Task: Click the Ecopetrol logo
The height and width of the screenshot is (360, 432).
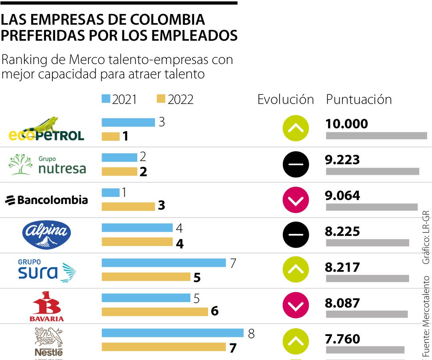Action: (x=46, y=130)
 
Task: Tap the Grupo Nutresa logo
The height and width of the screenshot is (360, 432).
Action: (x=47, y=165)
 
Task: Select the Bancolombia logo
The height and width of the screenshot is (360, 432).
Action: (x=46, y=200)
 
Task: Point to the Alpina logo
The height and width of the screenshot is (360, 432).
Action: (x=47, y=235)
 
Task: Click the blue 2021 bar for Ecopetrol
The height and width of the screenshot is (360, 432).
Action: (x=128, y=122)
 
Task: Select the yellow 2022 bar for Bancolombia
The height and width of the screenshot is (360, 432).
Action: (x=128, y=206)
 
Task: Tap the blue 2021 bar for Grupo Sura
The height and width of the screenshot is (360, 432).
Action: (x=164, y=263)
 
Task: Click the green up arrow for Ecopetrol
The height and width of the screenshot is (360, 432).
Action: (x=296, y=128)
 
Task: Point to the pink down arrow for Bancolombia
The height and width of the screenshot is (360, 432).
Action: (x=296, y=199)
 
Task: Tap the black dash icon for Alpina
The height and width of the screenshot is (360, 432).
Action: (x=296, y=235)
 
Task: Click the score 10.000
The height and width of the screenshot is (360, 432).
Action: (x=346, y=124)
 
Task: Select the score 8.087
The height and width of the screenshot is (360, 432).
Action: (x=342, y=303)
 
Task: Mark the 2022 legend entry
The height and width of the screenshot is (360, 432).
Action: (x=175, y=100)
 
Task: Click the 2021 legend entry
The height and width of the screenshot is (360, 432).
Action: (x=120, y=100)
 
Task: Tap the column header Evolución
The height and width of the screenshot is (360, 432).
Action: (x=286, y=100)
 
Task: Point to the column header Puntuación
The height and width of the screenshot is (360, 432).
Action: (x=359, y=100)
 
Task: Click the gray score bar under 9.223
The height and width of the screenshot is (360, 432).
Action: (x=372, y=172)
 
